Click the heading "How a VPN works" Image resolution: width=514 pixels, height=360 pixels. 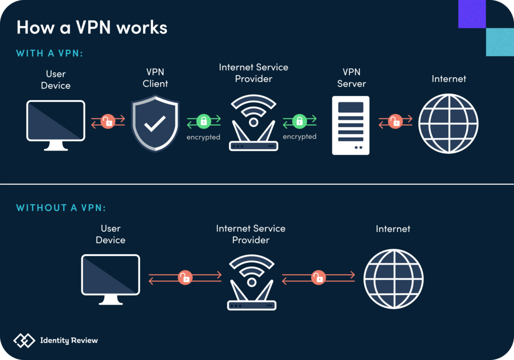coord(92,27)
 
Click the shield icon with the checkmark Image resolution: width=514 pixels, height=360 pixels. coord(155,123)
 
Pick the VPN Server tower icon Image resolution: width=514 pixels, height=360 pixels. coord(350,125)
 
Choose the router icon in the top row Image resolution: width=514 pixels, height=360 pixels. coord(253,123)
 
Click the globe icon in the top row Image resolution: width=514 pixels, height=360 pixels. coord(448,124)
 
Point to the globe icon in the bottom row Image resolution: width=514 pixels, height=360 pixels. coord(393,279)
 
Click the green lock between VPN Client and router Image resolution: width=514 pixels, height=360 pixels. coord(203,121)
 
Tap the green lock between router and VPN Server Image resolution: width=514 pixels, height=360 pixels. coord(300,121)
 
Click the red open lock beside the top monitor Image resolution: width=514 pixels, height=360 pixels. coord(108,122)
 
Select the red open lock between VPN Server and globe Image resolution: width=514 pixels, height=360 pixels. coord(396,122)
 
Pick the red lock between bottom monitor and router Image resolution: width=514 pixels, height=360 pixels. coord(185,277)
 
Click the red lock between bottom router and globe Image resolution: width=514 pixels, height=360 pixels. coord(318,277)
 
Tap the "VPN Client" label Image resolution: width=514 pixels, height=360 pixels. coord(155,78)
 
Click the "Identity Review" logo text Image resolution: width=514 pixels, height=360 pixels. coord(69,340)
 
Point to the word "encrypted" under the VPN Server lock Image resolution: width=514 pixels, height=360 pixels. coord(300,137)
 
